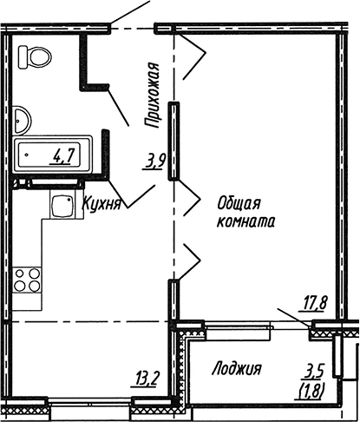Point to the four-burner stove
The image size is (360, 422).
click(27, 279)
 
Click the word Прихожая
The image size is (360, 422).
click(152, 96)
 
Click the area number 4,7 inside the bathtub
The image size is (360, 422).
click(62, 156)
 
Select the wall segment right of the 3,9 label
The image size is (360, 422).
click(174, 141)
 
